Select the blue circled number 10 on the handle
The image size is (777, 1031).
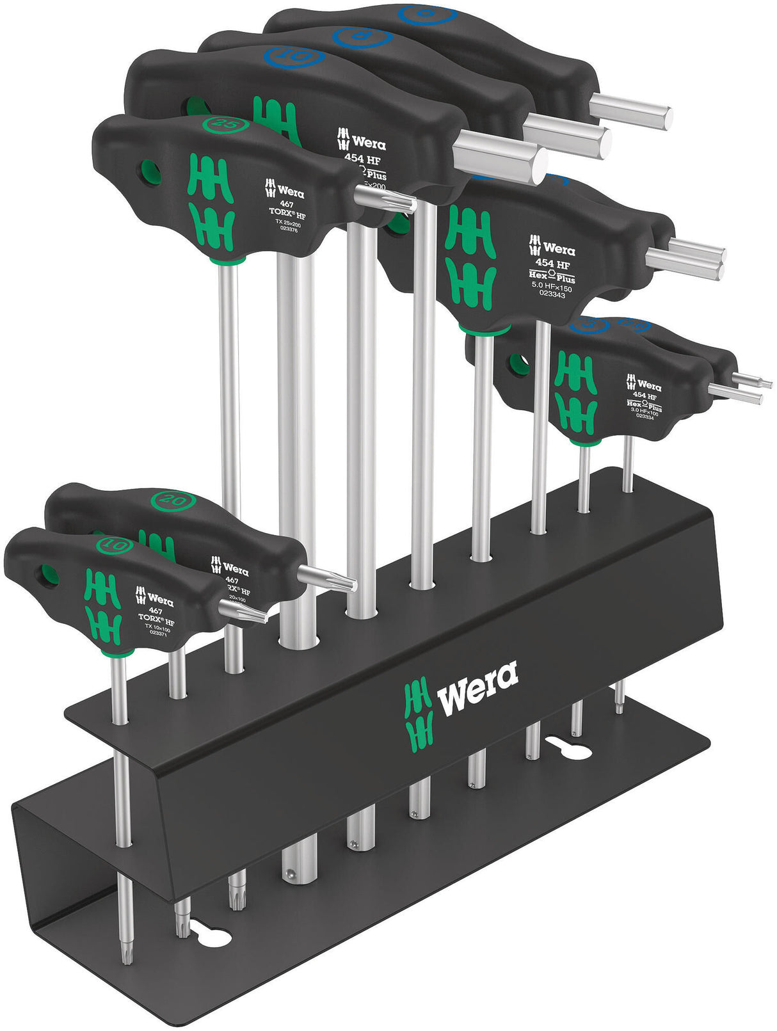tap(294, 58)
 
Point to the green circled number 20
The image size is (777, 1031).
tap(171, 500)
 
